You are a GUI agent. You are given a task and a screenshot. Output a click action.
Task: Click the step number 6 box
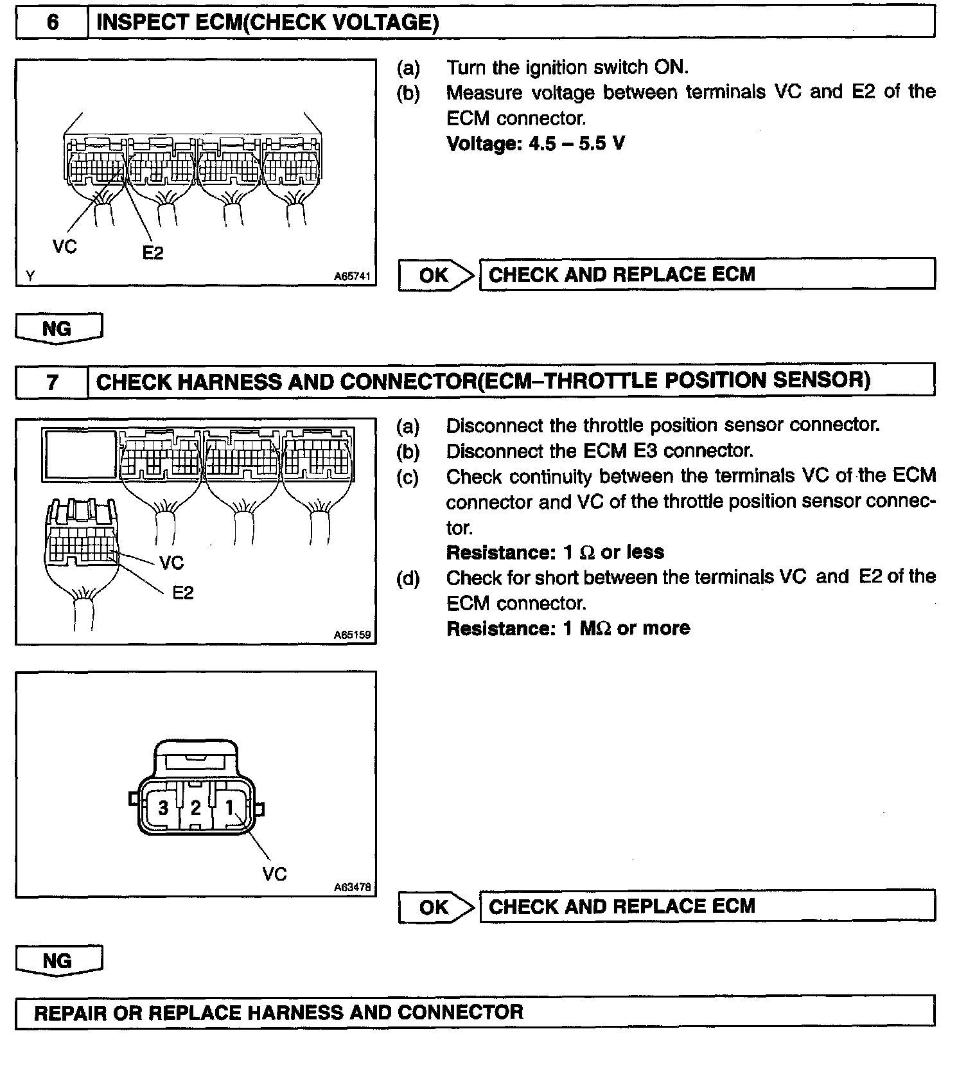coord(52,23)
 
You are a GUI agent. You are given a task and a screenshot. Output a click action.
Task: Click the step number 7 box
coord(52,382)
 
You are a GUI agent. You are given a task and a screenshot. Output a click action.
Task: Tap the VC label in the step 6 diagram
coord(65,246)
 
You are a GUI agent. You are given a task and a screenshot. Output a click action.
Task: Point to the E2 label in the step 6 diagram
coord(153,253)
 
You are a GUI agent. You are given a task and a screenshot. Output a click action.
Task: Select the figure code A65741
coord(352,276)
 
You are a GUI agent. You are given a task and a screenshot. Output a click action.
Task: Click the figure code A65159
coord(352,635)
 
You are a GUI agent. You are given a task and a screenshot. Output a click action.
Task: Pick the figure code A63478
coord(352,887)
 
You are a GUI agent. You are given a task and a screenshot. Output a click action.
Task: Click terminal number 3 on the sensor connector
coord(163,807)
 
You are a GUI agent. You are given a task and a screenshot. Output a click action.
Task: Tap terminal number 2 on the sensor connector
coord(195,807)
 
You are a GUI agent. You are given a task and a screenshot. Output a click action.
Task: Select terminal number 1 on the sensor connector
coord(229,807)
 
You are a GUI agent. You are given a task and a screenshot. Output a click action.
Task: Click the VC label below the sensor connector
coord(274,874)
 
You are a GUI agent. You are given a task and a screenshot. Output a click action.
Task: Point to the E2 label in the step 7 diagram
coord(183,592)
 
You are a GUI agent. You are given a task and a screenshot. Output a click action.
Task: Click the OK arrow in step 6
coord(435,275)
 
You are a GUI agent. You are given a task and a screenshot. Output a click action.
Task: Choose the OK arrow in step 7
coord(435,907)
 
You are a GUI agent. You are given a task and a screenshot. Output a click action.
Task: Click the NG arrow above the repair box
coord(58,961)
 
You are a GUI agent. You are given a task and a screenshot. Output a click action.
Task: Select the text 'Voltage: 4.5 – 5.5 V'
coord(536,143)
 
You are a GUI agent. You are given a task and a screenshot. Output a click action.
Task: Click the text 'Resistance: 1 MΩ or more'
coord(568,628)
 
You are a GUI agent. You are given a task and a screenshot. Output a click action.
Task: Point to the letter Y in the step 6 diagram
coord(30,276)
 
